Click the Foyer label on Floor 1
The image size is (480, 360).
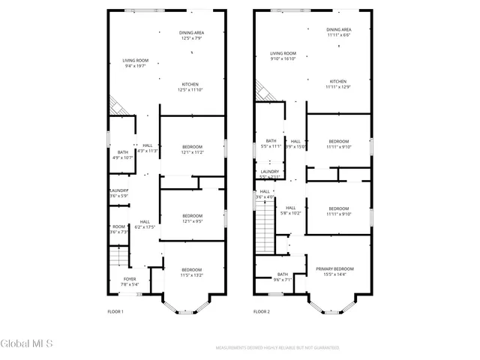(x=130, y=278)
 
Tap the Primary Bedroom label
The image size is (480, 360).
(x=334, y=268)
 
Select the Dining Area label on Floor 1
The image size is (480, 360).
(x=191, y=33)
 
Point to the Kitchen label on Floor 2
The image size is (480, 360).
(x=338, y=81)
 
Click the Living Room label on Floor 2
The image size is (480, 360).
(x=283, y=53)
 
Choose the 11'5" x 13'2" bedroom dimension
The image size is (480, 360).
(x=191, y=275)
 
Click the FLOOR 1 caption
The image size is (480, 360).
(x=115, y=311)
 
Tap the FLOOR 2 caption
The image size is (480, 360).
(x=261, y=311)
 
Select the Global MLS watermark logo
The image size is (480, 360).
(x=27, y=344)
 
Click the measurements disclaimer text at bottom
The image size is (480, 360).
(x=277, y=348)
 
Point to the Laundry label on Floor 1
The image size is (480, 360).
(x=118, y=190)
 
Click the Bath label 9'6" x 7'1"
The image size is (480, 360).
(x=283, y=274)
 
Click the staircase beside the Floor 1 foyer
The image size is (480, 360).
(x=117, y=258)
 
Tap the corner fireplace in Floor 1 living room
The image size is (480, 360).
(x=116, y=106)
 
